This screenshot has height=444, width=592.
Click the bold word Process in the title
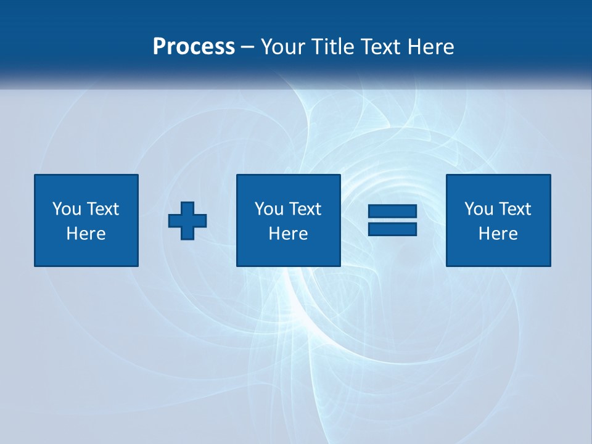[x=194, y=47]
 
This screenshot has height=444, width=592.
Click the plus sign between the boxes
[x=187, y=221]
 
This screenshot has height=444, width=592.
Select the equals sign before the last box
[x=392, y=220]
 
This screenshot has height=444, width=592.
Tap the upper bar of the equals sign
[x=392, y=212]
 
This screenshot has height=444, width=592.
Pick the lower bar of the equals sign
[x=392, y=229]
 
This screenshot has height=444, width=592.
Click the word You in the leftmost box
[x=67, y=209]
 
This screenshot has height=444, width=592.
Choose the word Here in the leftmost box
[x=86, y=234]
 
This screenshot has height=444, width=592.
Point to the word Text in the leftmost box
[x=102, y=209]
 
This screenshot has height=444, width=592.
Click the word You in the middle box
[x=269, y=209]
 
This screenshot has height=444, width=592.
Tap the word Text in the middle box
[x=305, y=209]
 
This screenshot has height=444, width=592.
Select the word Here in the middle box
[x=289, y=234]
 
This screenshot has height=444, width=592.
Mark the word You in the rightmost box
[x=479, y=209]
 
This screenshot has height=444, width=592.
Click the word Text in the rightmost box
[x=514, y=209]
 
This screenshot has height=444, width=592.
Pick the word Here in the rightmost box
[x=498, y=234]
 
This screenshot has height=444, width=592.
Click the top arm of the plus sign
[x=187, y=207]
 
